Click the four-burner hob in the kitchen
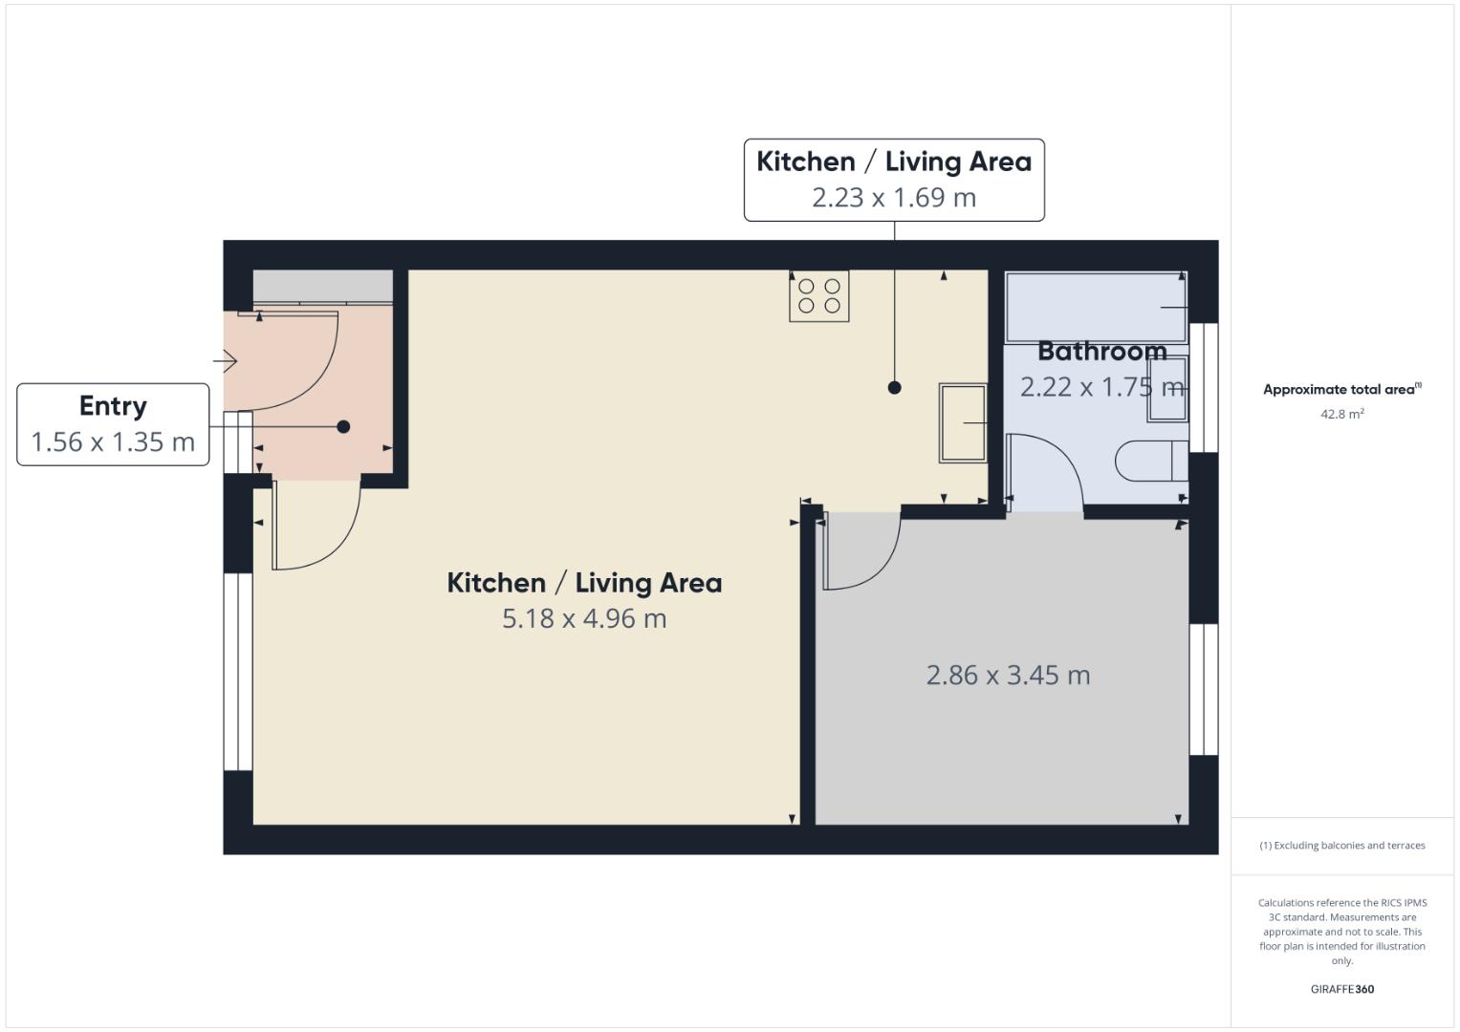pyautogui.click(x=818, y=295)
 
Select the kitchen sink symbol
pyautogui.click(x=962, y=423)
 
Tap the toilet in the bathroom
pyautogui.click(x=1150, y=462)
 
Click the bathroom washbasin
pyautogui.click(x=1167, y=389)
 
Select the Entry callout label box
pyautogui.click(x=113, y=424)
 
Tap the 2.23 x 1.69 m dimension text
pyautogui.click(x=894, y=198)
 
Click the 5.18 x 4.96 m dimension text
pyautogui.click(x=584, y=619)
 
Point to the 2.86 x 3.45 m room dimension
pyautogui.click(x=1008, y=676)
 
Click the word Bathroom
pyautogui.click(x=1101, y=352)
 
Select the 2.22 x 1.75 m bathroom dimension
pyautogui.click(x=1101, y=387)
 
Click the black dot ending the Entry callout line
pyautogui.click(x=343, y=427)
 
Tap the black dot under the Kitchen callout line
pyautogui.click(x=894, y=387)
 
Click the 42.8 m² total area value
pyautogui.click(x=1341, y=414)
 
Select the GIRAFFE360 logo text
pyautogui.click(x=1341, y=989)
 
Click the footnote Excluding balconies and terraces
pyautogui.click(x=1341, y=846)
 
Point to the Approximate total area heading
pyautogui.click(x=1341, y=390)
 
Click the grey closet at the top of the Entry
pyautogui.click(x=322, y=287)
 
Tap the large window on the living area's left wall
pyautogui.click(x=238, y=671)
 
